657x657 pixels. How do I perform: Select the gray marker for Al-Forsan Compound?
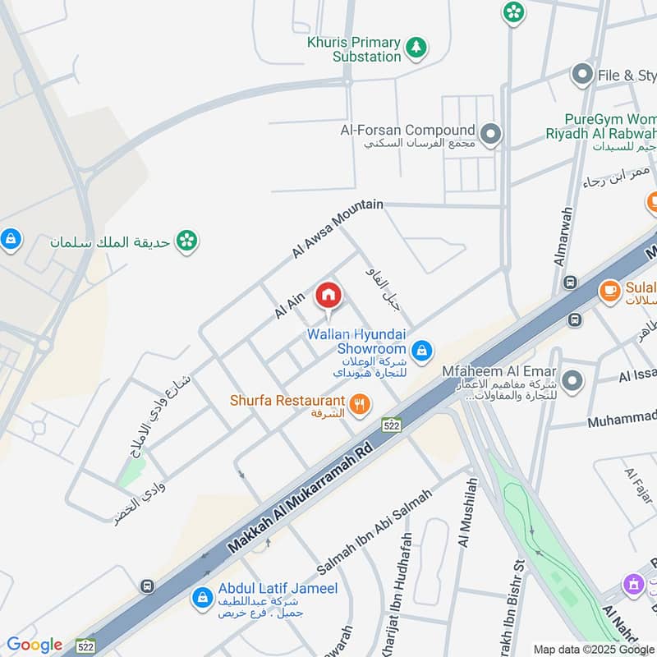[491, 134]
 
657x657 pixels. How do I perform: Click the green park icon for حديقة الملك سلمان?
[187, 241]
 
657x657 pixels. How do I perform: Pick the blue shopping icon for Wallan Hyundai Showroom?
[421, 351]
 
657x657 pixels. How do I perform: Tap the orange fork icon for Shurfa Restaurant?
[360, 404]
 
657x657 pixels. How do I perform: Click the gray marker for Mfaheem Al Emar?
[572, 380]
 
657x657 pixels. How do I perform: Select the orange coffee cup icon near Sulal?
[609, 292]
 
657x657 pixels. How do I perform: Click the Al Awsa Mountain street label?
[338, 229]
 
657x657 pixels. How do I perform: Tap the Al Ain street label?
[289, 306]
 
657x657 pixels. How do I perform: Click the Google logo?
[34, 645]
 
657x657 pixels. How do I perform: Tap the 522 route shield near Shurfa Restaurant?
[391, 424]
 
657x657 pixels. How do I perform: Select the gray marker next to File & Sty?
[582, 76]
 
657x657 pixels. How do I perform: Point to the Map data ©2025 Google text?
[594, 649]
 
